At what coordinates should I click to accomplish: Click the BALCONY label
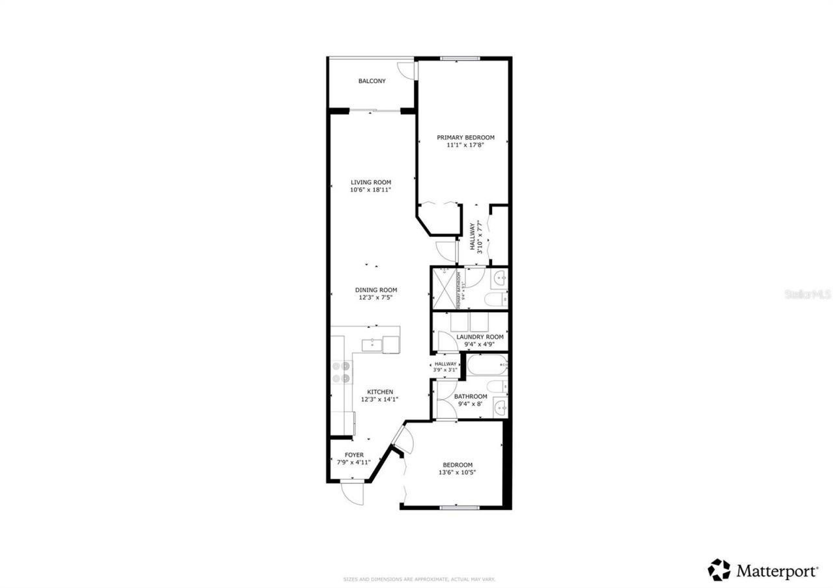[x=372, y=81]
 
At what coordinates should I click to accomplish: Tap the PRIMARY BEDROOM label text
[x=465, y=137]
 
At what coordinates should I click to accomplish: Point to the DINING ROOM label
[x=376, y=290]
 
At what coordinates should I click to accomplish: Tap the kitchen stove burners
[x=341, y=371]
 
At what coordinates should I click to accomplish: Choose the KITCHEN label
[x=380, y=392]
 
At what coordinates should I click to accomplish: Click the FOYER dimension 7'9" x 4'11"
[x=354, y=462]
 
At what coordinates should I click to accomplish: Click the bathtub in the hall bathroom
[x=487, y=365]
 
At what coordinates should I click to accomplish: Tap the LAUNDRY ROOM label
[x=480, y=337]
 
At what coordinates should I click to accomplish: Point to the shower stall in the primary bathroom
[x=444, y=288]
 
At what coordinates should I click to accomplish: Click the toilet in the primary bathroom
[x=497, y=299]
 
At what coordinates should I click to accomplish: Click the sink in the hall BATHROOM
[x=500, y=407]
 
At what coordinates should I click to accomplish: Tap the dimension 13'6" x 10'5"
[x=457, y=473]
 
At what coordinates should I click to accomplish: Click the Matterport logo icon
[x=719, y=570]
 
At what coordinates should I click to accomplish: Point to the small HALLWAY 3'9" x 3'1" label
[x=446, y=367]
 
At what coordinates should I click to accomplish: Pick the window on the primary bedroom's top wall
[x=460, y=59]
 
